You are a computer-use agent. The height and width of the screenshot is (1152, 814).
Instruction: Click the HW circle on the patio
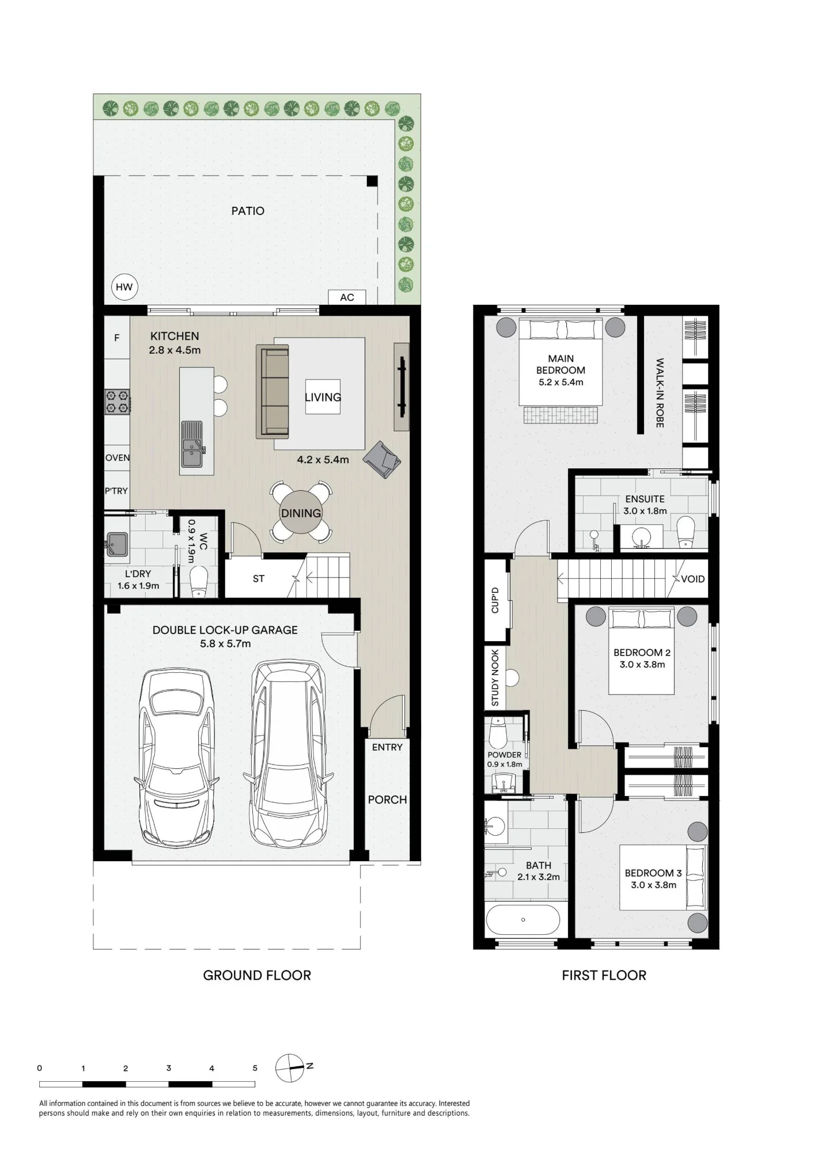click(124, 287)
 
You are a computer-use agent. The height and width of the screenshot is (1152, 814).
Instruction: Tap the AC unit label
click(347, 297)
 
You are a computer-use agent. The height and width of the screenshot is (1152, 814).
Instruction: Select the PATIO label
click(248, 211)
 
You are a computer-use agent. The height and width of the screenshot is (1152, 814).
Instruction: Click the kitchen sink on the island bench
click(192, 444)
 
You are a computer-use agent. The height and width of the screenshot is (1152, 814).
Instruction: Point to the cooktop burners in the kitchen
click(117, 402)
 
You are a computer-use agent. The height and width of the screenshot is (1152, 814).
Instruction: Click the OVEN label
click(118, 458)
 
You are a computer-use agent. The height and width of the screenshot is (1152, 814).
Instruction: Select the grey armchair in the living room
click(382, 458)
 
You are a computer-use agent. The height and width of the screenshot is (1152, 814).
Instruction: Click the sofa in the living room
click(272, 391)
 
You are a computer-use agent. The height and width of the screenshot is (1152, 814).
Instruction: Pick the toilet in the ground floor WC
click(199, 581)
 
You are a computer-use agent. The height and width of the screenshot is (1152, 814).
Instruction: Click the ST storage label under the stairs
click(259, 579)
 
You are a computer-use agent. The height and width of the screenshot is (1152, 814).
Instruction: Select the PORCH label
click(388, 799)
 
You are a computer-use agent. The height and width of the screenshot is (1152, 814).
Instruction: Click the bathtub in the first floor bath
click(523, 919)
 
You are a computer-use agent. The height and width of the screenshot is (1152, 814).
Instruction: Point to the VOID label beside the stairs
click(692, 579)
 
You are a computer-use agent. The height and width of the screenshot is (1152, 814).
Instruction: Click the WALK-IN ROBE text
click(660, 393)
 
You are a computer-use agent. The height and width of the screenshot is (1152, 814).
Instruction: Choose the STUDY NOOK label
click(495, 678)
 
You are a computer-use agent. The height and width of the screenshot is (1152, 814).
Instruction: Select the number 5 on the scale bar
click(255, 1068)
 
